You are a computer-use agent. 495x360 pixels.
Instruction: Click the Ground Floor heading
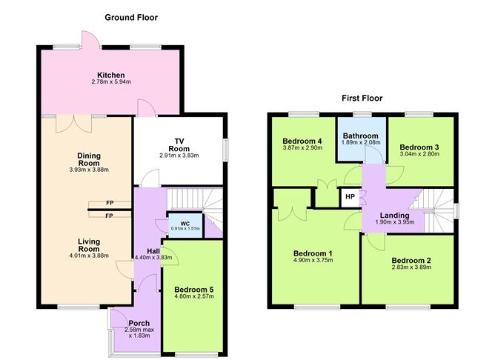coord(131,17)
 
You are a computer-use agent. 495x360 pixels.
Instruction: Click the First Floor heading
coord(362,98)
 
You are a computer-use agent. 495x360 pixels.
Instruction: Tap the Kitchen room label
coord(110,75)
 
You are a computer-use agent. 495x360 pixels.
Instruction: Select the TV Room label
coord(179,141)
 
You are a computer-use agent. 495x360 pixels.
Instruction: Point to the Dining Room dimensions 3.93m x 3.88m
coord(89,170)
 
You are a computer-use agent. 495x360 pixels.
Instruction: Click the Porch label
coord(139,323)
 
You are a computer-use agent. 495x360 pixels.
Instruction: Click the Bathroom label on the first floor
coord(360,136)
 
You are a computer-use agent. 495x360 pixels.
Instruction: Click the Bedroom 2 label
coord(411,260)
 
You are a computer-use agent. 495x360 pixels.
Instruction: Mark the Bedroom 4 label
coord(302,141)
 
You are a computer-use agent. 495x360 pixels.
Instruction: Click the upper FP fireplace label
coord(109,203)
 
